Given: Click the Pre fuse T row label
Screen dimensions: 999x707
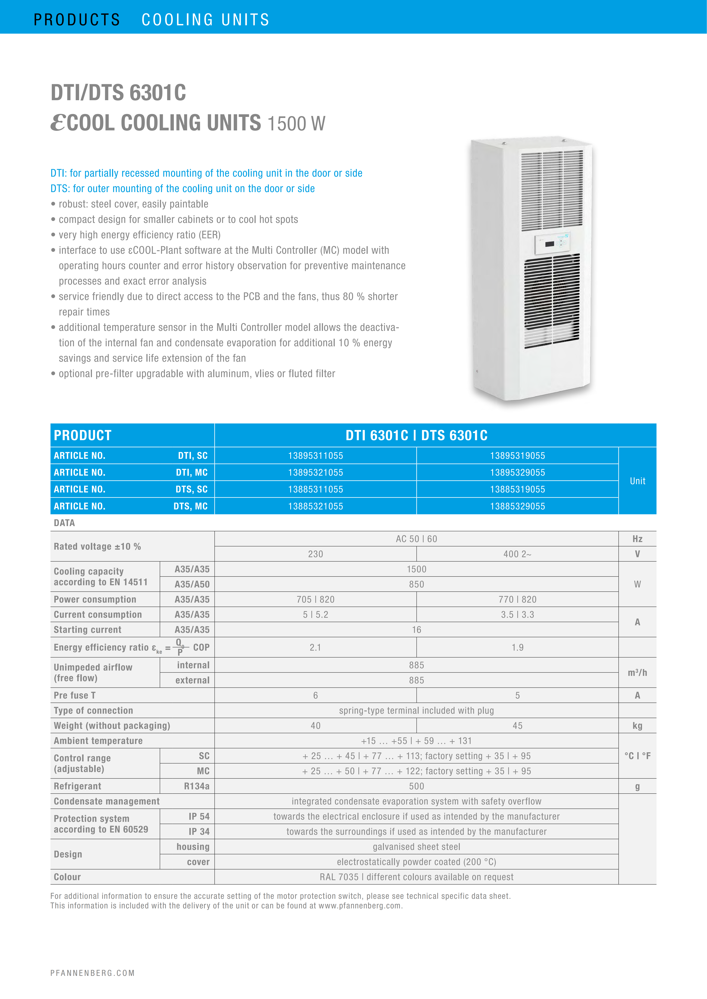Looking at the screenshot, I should [x=74, y=695].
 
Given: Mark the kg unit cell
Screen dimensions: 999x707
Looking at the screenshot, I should [x=637, y=726].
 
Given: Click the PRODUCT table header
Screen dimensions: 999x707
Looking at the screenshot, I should [x=83, y=435].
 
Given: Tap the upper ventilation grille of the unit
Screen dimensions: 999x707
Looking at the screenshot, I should [x=552, y=189].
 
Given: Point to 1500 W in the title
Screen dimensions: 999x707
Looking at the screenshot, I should [x=296, y=124].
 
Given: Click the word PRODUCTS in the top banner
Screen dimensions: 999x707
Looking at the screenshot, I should [x=77, y=20].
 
